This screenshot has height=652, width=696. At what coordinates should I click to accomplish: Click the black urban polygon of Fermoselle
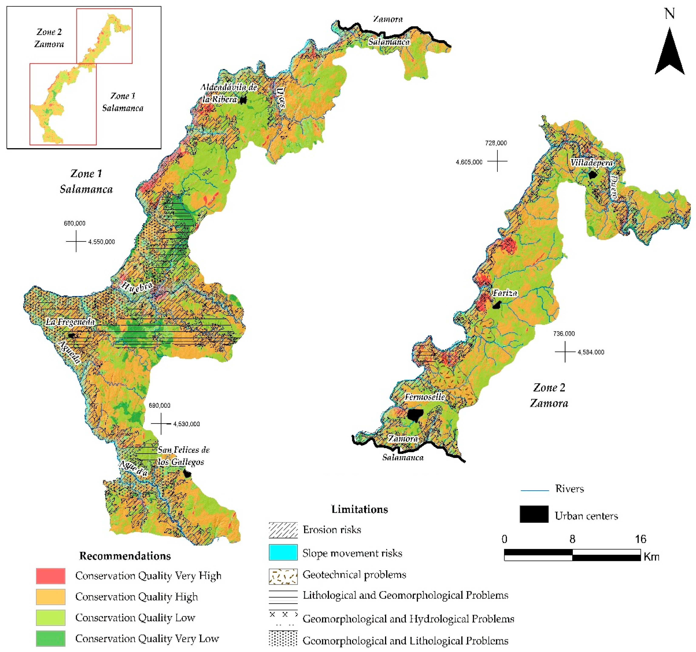coord(415,415)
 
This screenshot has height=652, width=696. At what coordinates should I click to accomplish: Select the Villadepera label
coord(591,162)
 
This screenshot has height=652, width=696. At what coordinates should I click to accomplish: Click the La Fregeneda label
coord(70,322)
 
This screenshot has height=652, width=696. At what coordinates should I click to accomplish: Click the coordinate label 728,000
coord(496,143)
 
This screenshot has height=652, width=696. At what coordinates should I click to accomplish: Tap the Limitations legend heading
coord(360,509)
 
